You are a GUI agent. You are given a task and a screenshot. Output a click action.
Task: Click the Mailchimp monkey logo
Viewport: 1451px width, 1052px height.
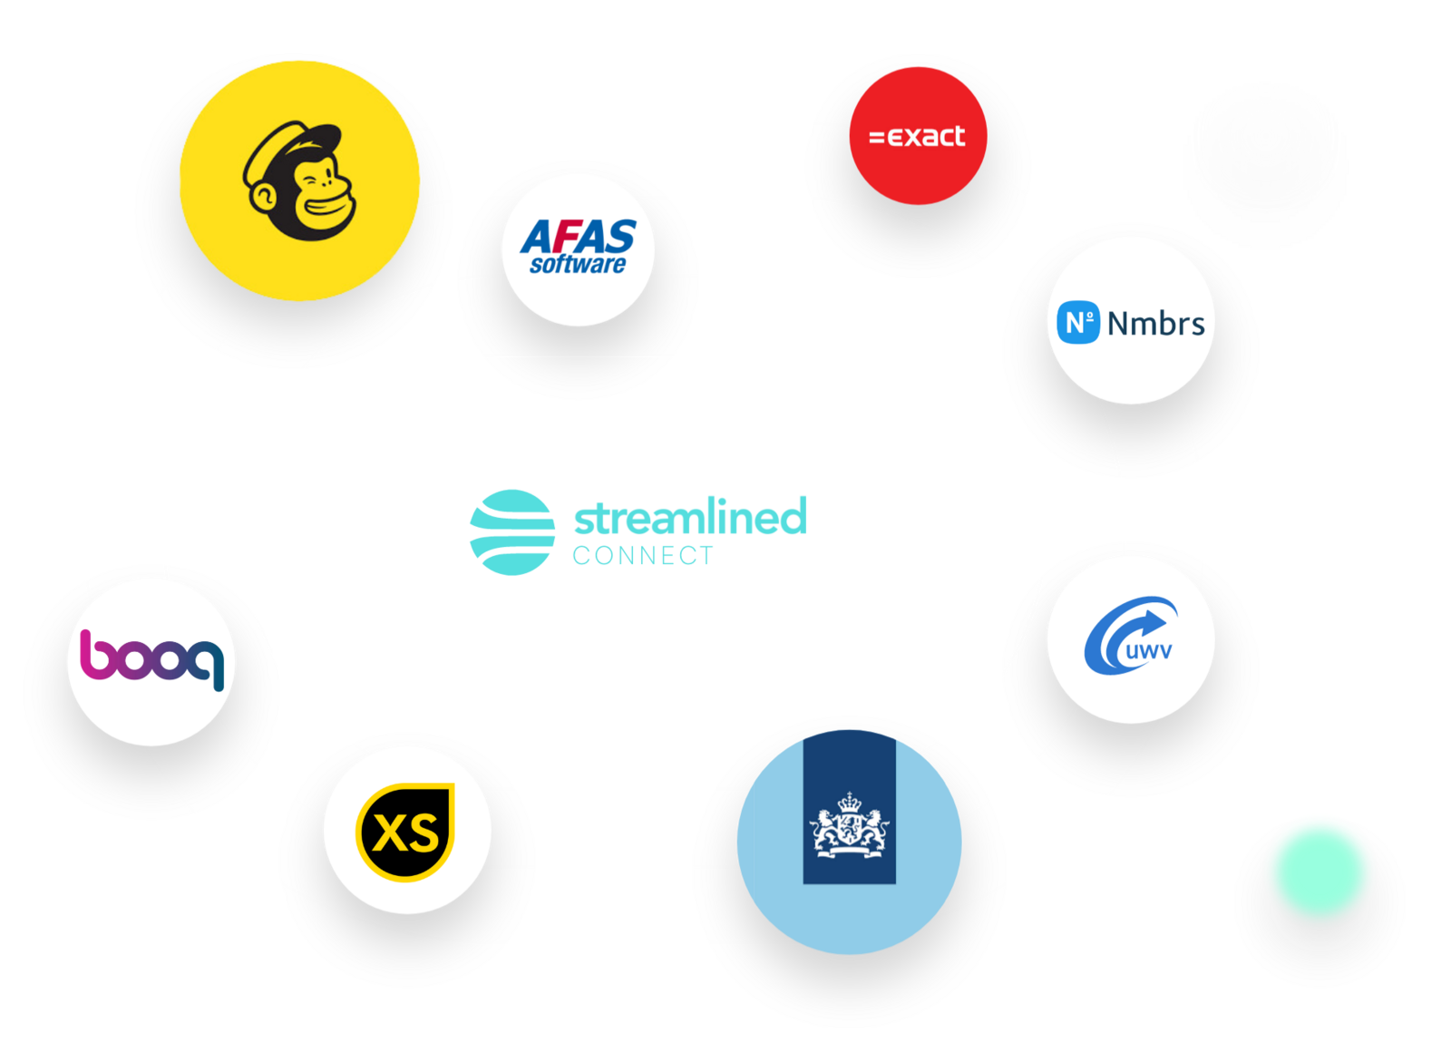tap(299, 181)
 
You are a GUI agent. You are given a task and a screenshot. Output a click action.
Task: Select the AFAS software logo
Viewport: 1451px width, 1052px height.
tap(578, 248)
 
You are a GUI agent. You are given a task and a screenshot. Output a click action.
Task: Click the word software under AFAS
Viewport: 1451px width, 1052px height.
tap(578, 265)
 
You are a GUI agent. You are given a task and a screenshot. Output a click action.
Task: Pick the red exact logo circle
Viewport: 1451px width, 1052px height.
tap(918, 136)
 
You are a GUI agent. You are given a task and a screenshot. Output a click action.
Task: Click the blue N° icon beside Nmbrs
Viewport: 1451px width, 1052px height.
tap(1077, 323)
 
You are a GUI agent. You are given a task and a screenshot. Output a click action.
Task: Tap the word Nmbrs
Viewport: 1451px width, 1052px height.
tap(1156, 324)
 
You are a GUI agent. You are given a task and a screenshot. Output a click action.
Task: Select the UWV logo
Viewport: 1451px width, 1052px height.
tap(1130, 639)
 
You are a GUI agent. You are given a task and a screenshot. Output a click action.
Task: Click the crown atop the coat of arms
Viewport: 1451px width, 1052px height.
tap(850, 802)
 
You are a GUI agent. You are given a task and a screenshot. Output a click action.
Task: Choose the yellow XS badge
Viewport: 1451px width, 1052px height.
tap(406, 831)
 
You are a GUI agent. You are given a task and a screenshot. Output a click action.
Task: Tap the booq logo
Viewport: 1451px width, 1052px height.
tap(151, 659)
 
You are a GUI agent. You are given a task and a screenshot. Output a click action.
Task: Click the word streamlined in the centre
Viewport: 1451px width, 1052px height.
tap(689, 517)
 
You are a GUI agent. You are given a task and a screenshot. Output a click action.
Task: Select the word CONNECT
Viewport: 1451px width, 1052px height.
tap(643, 556)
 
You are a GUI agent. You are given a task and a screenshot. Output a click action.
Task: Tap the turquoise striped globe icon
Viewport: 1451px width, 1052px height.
tap(512, 532)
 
